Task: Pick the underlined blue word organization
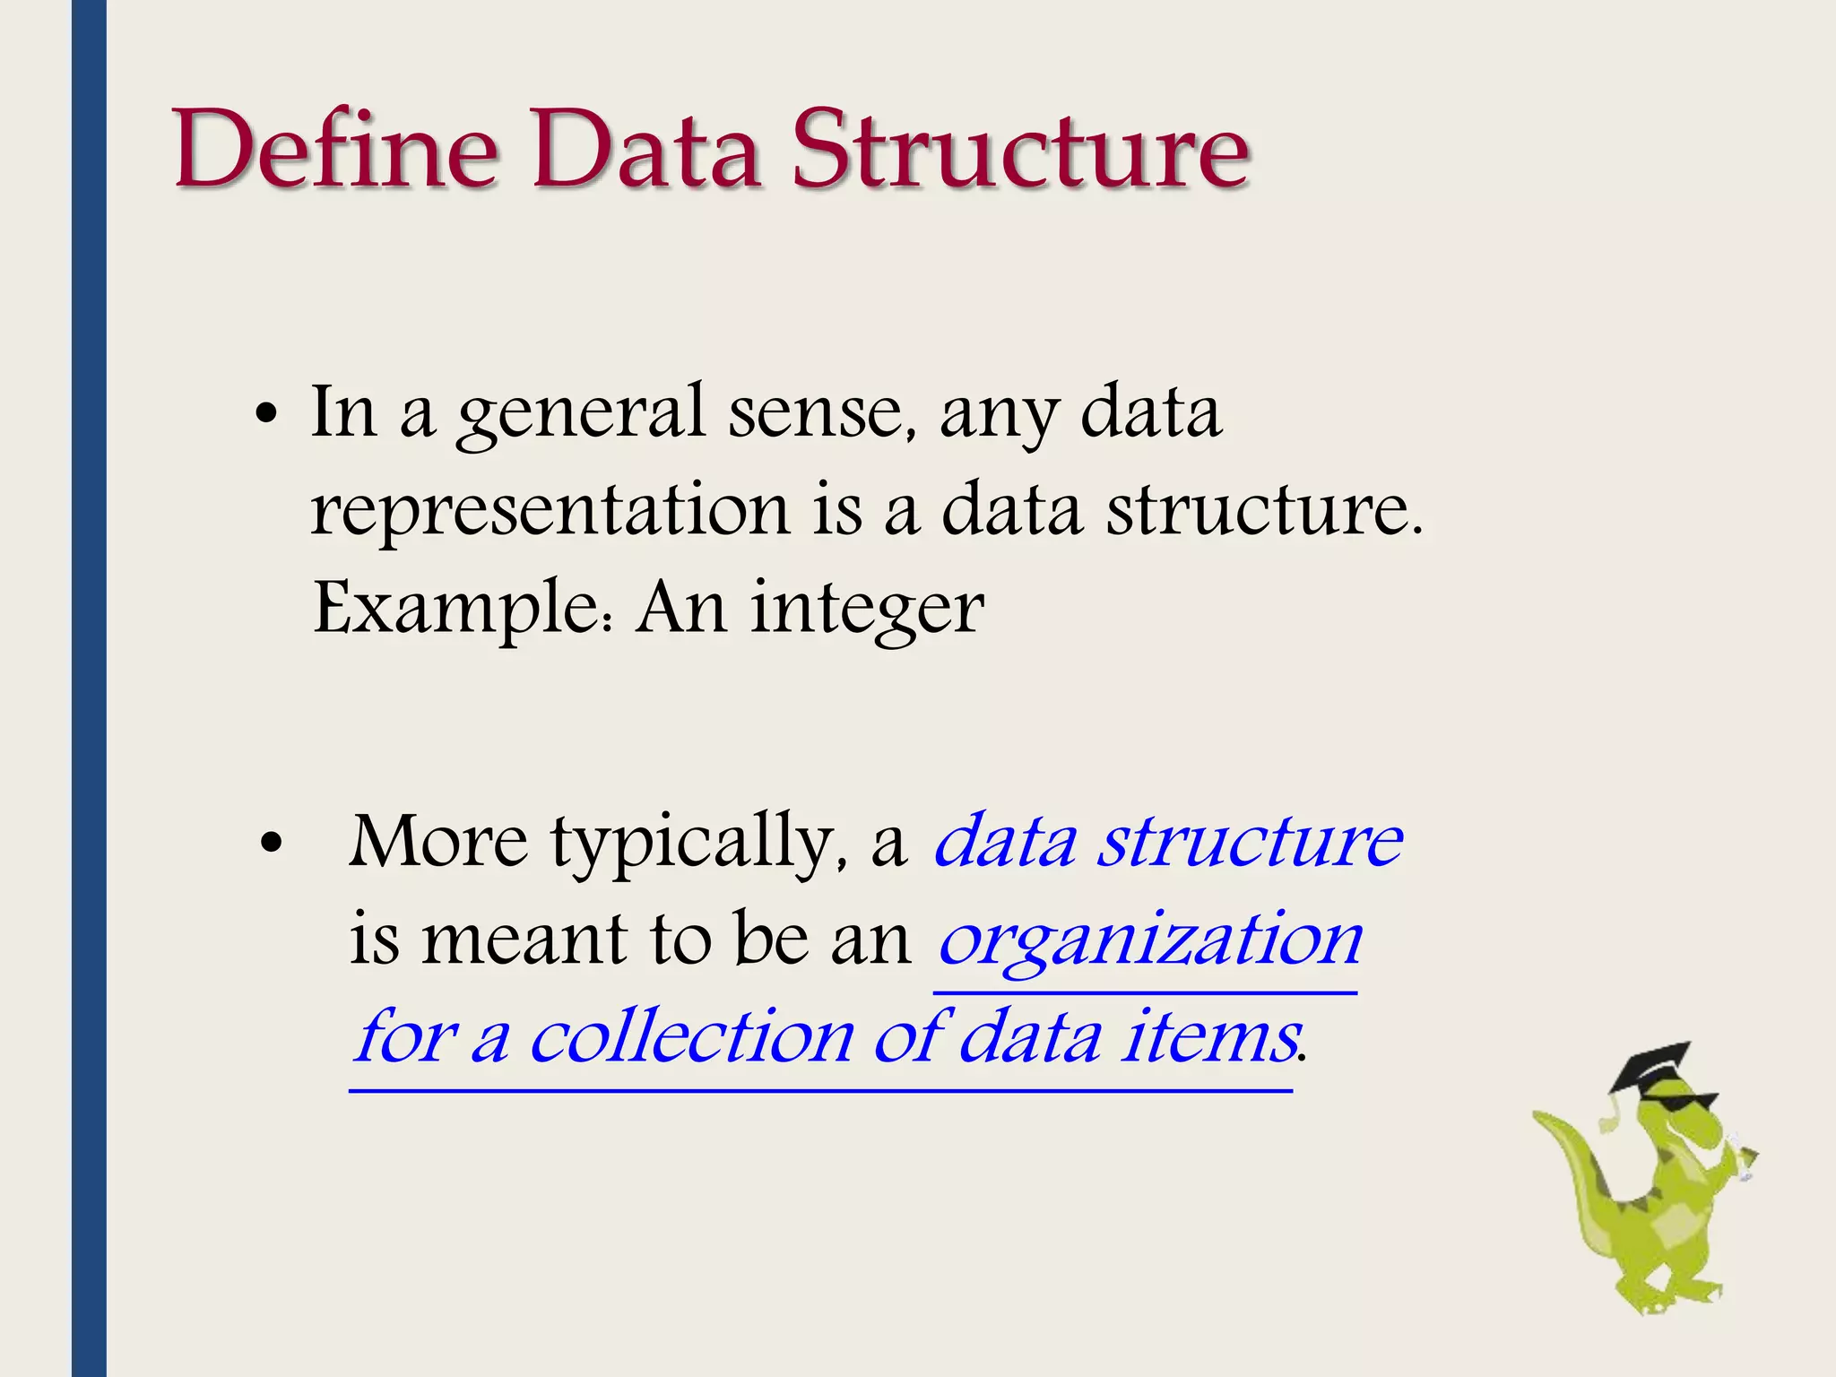point(1150,941)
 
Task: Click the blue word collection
point(692,1038)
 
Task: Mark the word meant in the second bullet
point(524,940)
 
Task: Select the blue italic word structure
point(1251,843)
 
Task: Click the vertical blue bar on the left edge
point(89,688)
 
